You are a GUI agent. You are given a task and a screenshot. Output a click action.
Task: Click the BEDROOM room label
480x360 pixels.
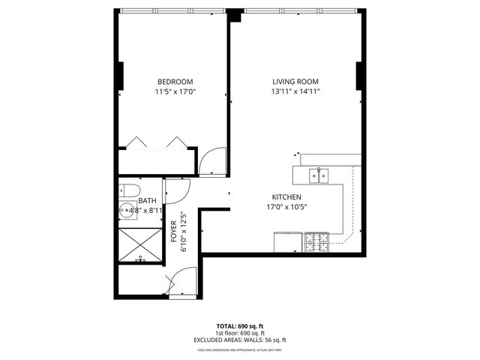(x=175, y=82)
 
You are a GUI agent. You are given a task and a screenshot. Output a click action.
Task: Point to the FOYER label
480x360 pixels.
(x=174, y=232)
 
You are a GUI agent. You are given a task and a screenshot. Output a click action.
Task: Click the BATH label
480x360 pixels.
(x=147, y=201)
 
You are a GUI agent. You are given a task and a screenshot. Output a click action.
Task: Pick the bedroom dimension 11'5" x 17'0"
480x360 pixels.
(x=175, y=92)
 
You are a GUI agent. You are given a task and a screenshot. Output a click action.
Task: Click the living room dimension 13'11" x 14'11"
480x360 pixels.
(x=297, y=92)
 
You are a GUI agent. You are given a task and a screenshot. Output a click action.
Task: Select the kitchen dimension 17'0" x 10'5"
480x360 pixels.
(x=287, y=208)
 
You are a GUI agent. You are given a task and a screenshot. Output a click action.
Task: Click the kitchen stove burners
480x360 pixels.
(x=316, y=242)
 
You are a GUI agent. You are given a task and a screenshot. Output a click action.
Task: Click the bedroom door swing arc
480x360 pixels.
(x=213, y=160)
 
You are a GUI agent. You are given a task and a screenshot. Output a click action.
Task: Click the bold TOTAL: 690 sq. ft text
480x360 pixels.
(x=240, y=326)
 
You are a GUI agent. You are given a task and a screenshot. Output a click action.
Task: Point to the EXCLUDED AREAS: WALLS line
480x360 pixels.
(x=240, y=340)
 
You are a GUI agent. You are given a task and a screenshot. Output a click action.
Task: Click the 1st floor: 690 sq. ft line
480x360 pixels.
(x=240, y=333)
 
